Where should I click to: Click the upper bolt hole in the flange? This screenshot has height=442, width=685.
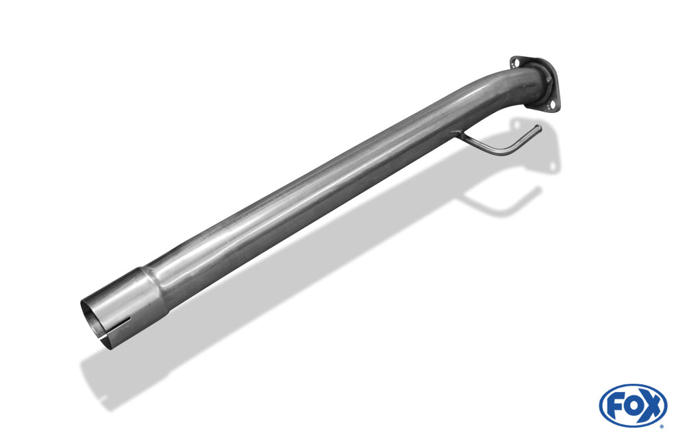point(516,63)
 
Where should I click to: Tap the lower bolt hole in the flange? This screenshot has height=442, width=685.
point(552,104)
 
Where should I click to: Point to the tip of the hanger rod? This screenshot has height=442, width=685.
point(539,127)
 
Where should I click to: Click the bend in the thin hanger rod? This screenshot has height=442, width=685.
point(507,151)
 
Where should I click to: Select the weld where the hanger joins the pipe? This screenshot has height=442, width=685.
point(456,134)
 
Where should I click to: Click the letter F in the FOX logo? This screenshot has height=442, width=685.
point(615,406)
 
